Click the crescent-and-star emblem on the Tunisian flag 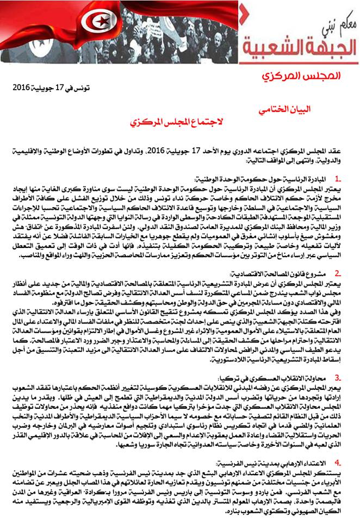click(x=14, y=21)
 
